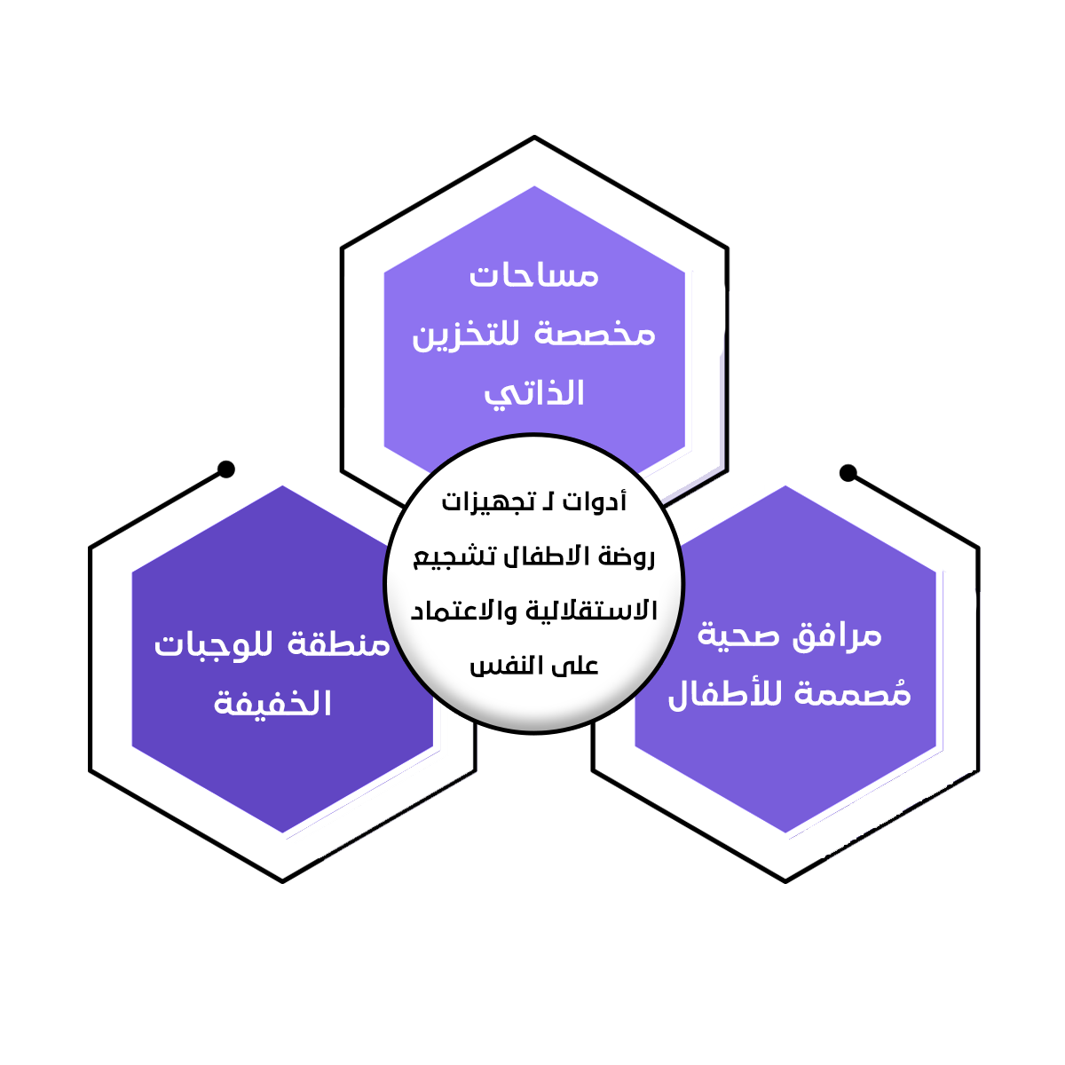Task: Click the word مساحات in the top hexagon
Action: pyautogui.click(x=533, y=275)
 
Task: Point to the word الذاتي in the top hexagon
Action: pyautogui.click(x=533, y=393)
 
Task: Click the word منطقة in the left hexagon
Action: pyautogui.click(x=340, y=644)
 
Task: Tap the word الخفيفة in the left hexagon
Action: pyautogui.click(x=272, y=703)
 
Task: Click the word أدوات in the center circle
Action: pyautogui.click(x=596, y=502)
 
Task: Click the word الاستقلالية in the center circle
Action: pyautogui.click(x=591, y=611)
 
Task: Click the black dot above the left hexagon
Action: pyautogui.click(x=226, y=469)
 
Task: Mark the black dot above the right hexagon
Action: pyautogui.click(x=848, y=473)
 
